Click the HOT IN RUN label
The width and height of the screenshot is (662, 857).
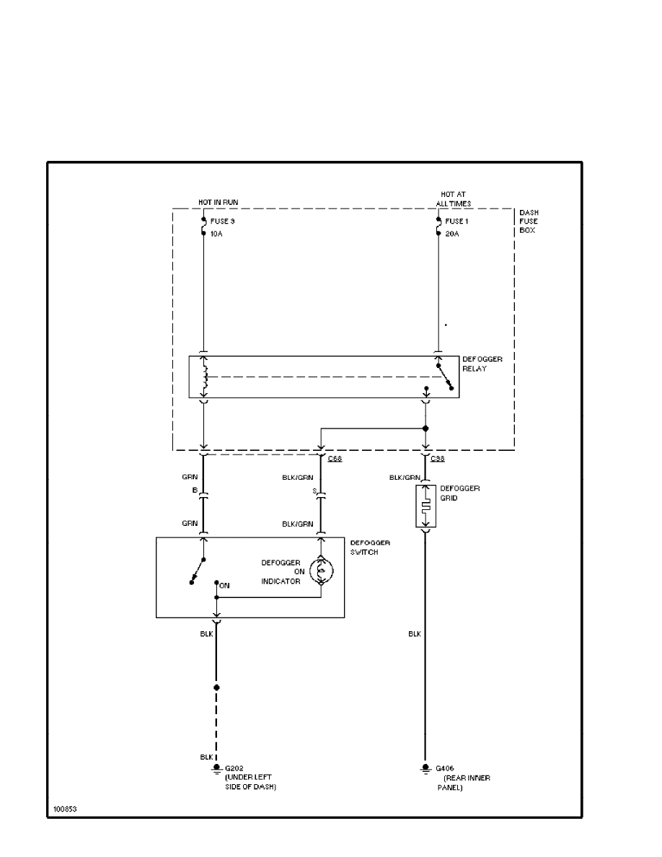pos(219,202)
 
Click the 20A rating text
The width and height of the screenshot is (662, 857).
pos(454,234)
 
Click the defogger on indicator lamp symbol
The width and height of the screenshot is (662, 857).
pos(321,571)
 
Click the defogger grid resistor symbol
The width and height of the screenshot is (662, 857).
pos(425,505)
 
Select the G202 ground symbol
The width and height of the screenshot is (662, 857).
pos(216,770)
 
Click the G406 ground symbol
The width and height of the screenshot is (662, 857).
pos(425,769)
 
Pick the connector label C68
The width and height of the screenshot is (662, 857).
pos(335,459)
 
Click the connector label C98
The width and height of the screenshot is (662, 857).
pos(437,459)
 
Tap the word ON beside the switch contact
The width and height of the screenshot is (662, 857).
pos(224,586)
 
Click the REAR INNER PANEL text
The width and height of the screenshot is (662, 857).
pos(463,783)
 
